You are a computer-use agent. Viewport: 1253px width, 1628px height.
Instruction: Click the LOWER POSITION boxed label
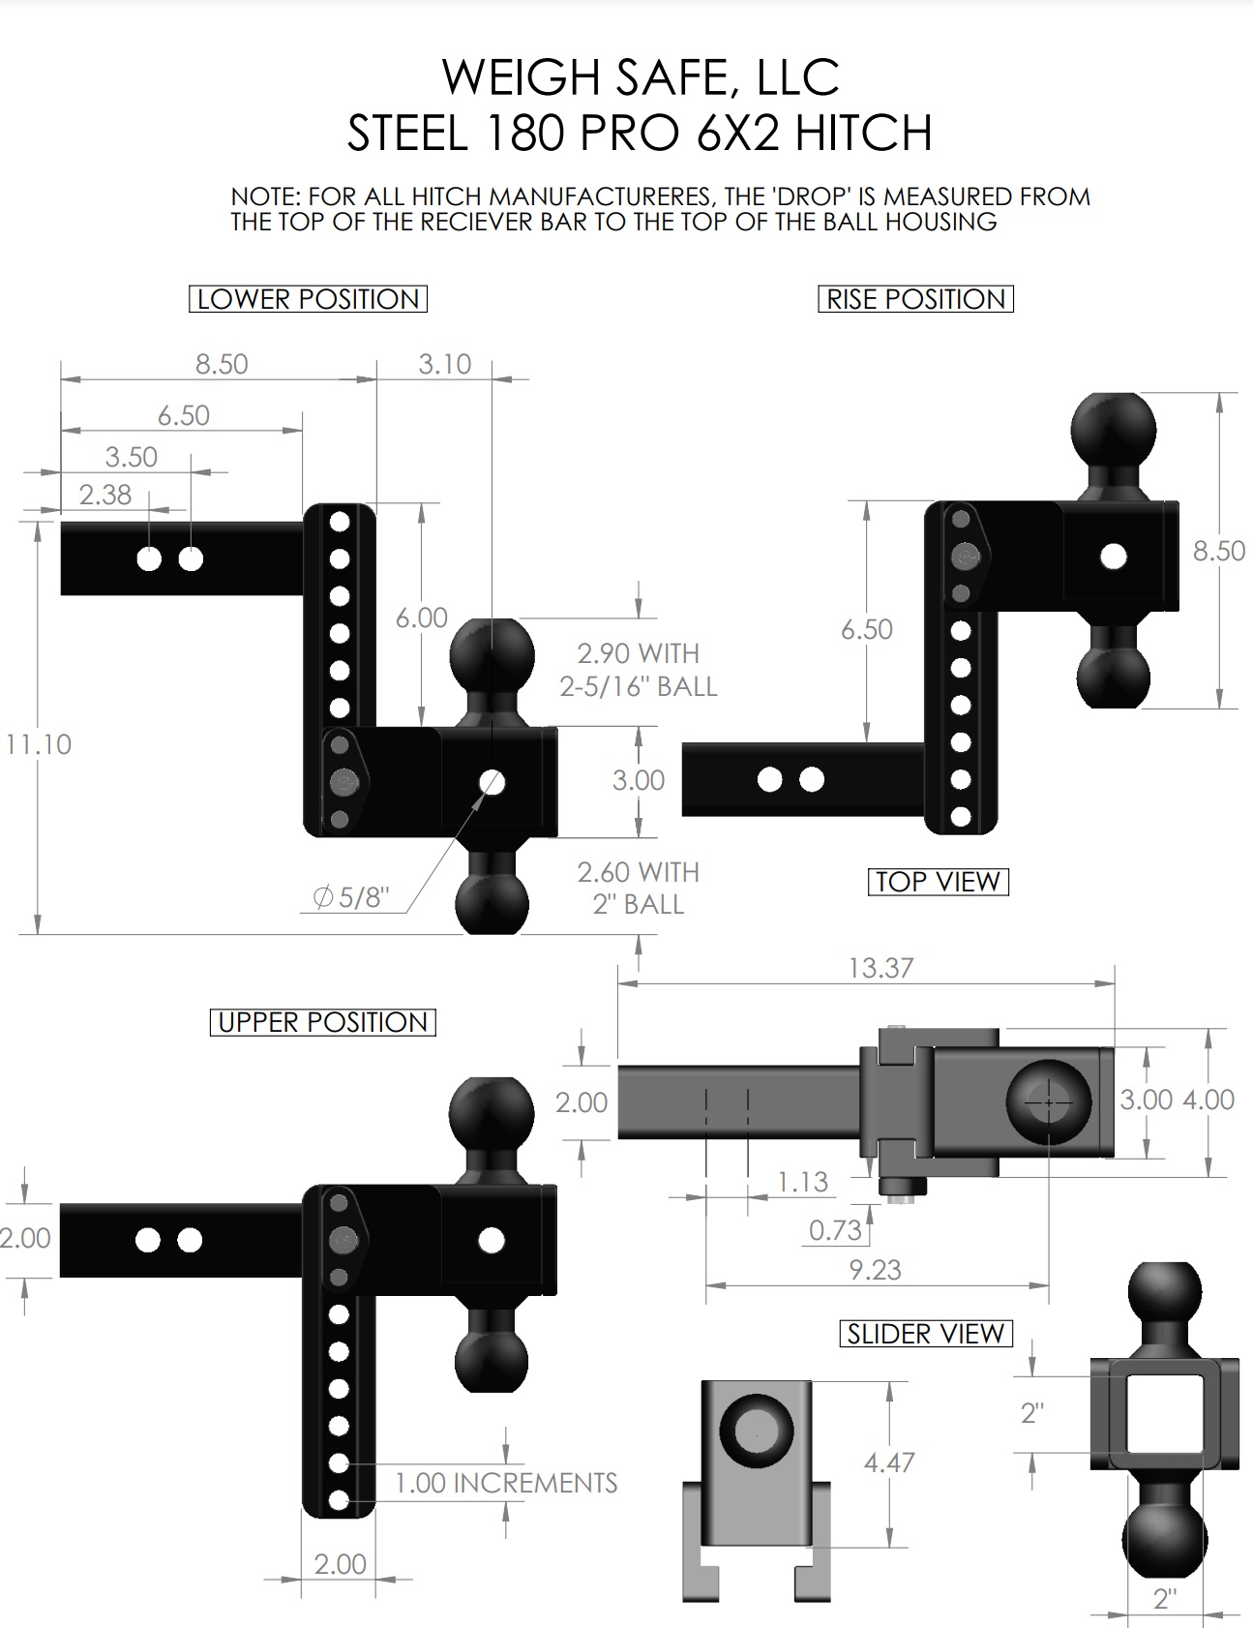click(x=308, y=299)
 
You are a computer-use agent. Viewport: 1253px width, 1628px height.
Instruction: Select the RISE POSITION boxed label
click(x=915, y=299)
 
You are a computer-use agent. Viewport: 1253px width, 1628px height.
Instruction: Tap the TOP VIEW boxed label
click(x=938, y=882)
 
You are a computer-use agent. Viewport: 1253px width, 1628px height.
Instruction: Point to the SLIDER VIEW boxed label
click(x=924, y=1334)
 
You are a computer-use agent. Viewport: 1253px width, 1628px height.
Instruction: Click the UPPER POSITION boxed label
click(x=322, y=1022)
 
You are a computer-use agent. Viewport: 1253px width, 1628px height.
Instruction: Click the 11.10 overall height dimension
click(x=38, y=744)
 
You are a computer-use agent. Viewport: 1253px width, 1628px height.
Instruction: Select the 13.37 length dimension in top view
click(x=880, y=968)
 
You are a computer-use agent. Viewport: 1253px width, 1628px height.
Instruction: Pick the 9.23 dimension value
click(x=875, y=1270)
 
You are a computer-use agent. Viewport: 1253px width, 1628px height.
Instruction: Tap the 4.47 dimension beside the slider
click(x=888, y=1462)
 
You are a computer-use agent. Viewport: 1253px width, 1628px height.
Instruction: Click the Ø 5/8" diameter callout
click(x=351, y=897)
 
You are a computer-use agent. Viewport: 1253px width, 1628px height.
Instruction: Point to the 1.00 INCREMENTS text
click(x=505, y=1483)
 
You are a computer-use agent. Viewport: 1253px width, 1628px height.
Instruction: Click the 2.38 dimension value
click(x=104, y=495)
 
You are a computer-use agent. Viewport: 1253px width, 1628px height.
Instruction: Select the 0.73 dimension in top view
click(x=834, y=1230)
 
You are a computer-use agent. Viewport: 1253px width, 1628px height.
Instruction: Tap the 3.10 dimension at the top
click(x=444, y=364)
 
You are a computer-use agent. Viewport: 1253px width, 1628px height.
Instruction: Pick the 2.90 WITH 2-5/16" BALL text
click(x=638, y=670)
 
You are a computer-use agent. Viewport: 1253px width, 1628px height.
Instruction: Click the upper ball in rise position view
click(x=1114, y=430)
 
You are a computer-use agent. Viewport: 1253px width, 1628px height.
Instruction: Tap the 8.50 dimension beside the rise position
click(x=1218, y=551)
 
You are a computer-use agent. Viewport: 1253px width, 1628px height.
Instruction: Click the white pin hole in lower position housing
click(x=492, y=782)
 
